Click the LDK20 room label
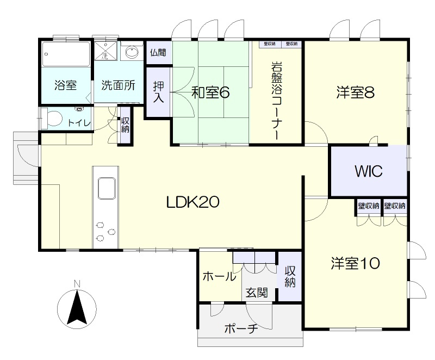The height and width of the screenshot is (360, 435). point(193,202)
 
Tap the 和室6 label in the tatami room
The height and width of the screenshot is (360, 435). point(211,92)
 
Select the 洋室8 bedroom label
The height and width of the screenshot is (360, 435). point(356,92)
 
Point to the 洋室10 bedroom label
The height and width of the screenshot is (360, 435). point(356,263)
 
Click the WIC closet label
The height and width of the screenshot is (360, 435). point(369,171)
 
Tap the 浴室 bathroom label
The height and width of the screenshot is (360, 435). point(65,85)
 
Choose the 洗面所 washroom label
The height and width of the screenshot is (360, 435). point(118,85)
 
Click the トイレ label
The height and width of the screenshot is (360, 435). point(79,122)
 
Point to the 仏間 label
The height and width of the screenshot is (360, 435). point(158,52)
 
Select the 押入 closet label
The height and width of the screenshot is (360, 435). point(158,92)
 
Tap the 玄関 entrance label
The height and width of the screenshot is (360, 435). point(257,293)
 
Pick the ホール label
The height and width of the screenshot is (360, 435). point(219,276)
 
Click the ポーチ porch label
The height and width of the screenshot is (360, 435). point(241,329)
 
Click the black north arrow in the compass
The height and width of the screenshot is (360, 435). point(77,307)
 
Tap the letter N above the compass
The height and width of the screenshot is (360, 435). point(77,284)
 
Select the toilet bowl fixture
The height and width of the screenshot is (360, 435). point(52,119)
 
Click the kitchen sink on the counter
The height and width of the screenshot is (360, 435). point(106,188)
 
